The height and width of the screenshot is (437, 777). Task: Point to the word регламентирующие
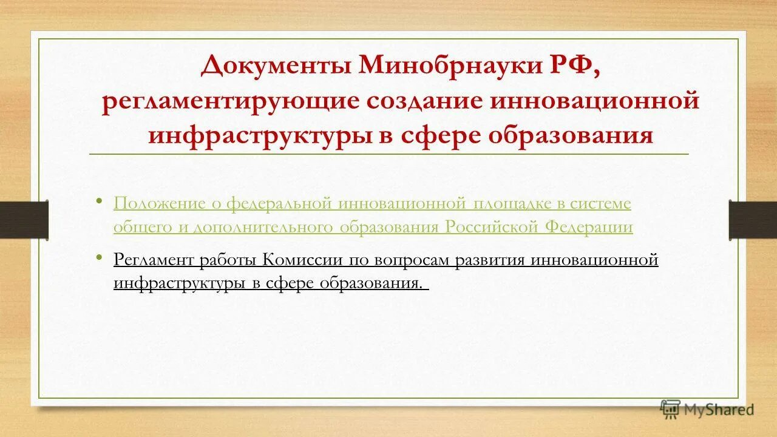231,100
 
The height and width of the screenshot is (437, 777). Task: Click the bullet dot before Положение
100,200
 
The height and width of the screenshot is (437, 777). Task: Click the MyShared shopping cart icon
670,408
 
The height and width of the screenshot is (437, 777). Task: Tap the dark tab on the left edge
24,219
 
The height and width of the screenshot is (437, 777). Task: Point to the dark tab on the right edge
753,219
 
